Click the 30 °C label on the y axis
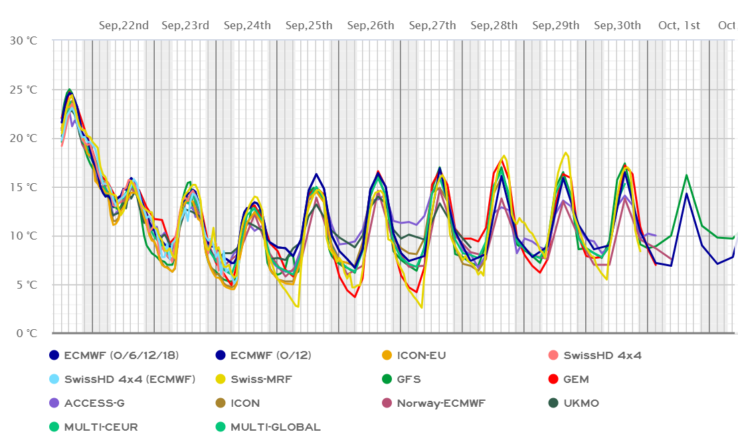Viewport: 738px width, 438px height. pos(23,40)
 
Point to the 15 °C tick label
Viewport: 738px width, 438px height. pos(23,187)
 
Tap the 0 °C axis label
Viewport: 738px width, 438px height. pos(26,333)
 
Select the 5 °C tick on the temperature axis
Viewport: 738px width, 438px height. pos(26,285)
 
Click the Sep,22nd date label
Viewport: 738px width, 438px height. pos(124,26)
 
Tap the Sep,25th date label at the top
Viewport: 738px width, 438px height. pos(309,26)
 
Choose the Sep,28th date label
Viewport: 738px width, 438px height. pos(494,26)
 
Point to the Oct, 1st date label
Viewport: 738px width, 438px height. pos(679,26)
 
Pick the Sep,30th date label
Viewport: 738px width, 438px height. pos(617,26)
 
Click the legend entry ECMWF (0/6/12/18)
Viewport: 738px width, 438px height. pos(122,355)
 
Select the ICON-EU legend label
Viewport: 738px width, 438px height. pos(421,355)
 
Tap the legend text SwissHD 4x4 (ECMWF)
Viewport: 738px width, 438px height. pos(130,380)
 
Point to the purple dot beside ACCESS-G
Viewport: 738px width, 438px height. pos(54,403)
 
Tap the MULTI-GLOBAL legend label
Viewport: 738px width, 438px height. pos(275,427)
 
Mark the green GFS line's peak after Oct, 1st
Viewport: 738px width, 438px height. pos(686,175)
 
